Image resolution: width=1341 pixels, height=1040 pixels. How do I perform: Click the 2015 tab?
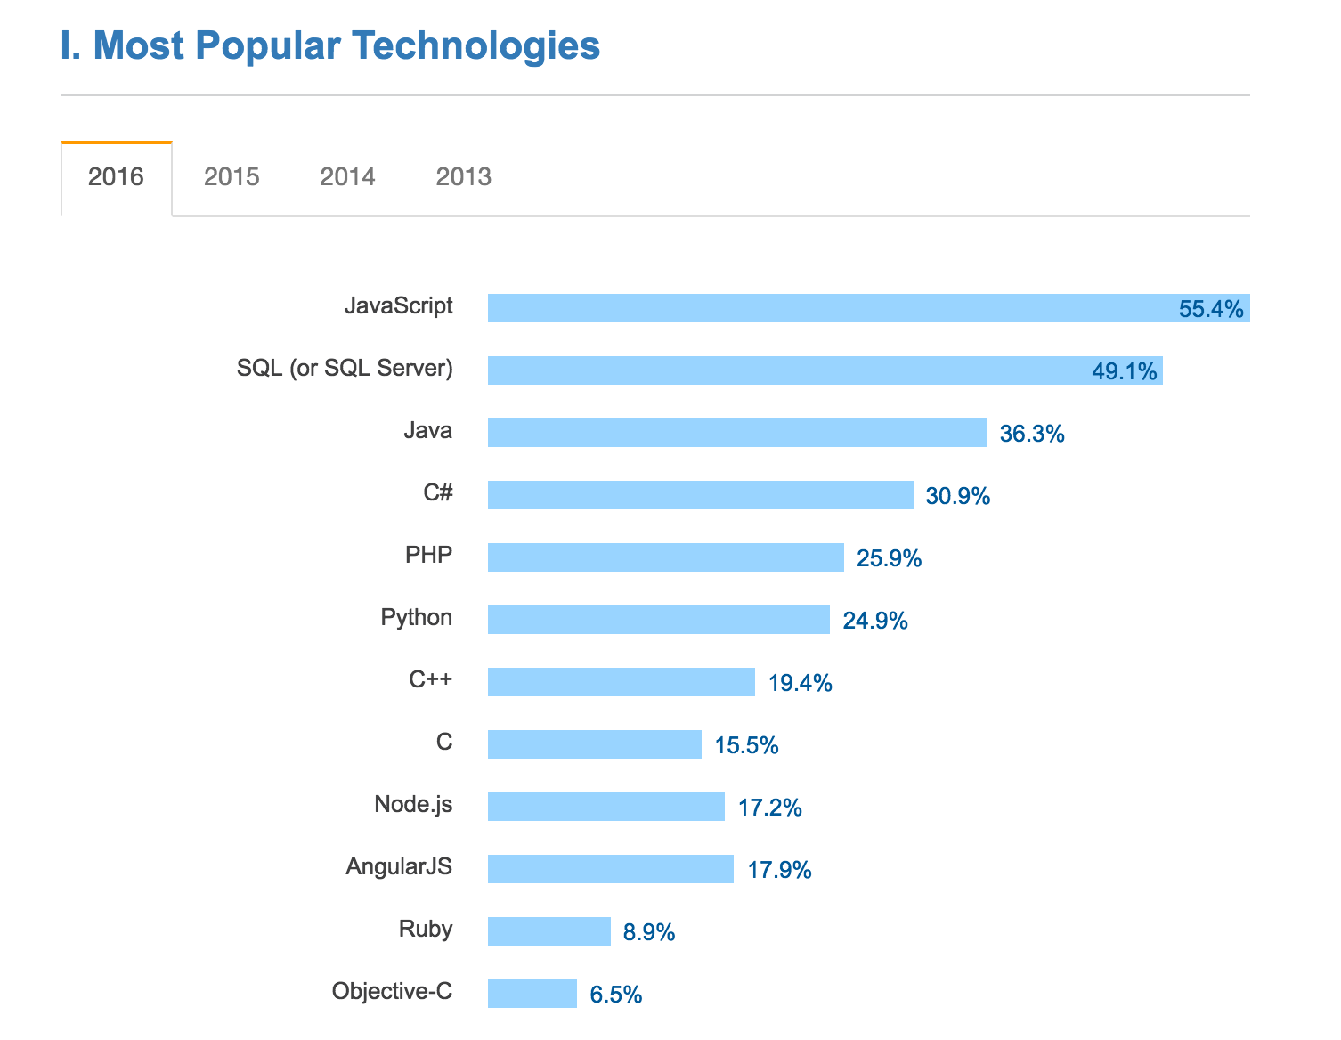(232, 176)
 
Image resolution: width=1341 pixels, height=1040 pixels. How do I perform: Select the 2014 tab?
(347, 176)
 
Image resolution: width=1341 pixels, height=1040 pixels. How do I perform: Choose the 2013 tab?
(463, 176)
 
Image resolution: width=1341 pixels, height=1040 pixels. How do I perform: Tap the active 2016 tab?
(116, 176)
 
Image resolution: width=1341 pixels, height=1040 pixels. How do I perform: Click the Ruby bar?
(549, 931)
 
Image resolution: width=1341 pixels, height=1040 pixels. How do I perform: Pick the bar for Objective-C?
(532, 994)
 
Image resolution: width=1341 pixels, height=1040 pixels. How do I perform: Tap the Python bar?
(658, 620)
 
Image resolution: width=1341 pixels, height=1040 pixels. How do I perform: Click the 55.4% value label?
(1210, 309)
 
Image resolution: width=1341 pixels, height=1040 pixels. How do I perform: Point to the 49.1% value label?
(1124, 371)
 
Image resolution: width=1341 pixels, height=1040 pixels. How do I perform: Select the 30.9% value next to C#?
(957, 496)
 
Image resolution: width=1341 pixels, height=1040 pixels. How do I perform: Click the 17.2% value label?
(769, 808)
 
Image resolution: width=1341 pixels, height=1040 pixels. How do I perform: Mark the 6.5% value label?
(615, 995)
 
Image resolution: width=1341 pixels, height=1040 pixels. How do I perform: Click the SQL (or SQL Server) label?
(345, 368)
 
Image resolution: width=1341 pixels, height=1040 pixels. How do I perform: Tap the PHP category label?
(428, 555)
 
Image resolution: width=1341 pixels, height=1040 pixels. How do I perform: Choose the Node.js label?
(413, 804)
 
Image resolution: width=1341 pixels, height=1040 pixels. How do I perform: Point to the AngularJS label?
(399, 866)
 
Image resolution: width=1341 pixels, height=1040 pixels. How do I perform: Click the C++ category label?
(430, 679)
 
